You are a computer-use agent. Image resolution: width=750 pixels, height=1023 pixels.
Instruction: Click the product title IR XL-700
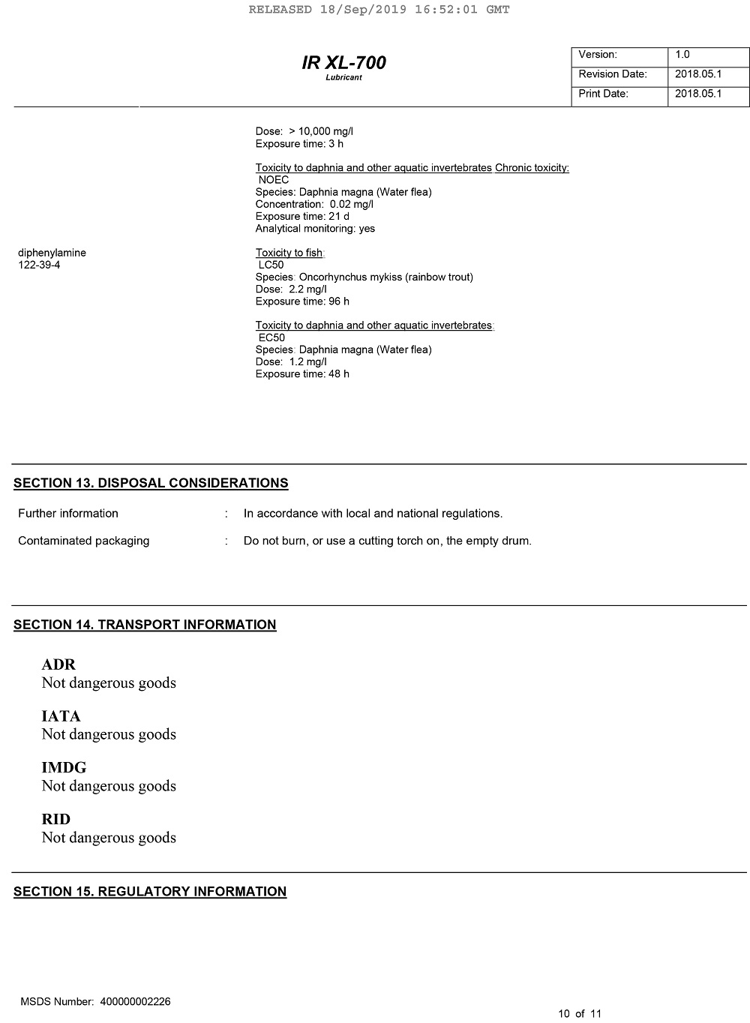[343, 63]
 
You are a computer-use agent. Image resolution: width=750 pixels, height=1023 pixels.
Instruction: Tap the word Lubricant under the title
[343, 78]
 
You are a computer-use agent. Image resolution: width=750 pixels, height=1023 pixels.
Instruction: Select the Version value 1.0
[682, 55]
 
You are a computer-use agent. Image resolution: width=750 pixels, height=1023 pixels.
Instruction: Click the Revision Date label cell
[613, 74]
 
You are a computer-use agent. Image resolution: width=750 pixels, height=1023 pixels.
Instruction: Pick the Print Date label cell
[603, 94]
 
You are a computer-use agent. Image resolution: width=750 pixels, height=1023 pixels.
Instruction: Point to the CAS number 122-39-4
[39, 265]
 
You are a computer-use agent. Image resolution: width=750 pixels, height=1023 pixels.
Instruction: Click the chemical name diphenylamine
[52, 253]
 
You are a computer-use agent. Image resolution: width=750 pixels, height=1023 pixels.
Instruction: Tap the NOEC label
[273, 180]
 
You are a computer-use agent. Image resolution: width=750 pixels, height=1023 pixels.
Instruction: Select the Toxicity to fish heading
[289, 253]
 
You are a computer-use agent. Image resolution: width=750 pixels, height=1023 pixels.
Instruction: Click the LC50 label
[271, 265]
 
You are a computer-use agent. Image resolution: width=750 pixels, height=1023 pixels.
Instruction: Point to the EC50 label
[271, 337]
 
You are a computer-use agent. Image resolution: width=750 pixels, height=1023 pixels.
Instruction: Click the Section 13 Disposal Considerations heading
[151, 483]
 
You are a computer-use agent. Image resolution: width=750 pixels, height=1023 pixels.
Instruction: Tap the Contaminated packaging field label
[83, 541]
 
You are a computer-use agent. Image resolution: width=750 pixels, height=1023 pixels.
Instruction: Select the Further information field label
[68, 514]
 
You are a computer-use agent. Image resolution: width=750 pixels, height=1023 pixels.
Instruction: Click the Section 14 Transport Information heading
[145, 625]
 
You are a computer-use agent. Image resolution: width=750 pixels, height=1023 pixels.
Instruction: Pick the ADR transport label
[58, 664]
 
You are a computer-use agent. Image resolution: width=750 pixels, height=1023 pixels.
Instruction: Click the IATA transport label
[61, 716]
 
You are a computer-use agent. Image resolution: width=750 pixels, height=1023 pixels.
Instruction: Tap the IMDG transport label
[64, 767]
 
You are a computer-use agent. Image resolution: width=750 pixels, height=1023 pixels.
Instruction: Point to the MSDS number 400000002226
[135, 1002]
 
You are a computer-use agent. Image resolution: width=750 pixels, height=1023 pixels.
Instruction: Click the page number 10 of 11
[580, 1014]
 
